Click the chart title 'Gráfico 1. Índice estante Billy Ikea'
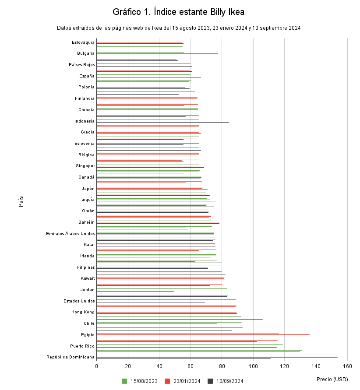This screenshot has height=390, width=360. click(x=178, y=12)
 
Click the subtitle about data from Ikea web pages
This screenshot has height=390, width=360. click(x=178, y=28)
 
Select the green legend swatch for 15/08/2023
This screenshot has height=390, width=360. click(x=124, y=381)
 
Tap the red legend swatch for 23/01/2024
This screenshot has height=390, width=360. click(x=167, y=381)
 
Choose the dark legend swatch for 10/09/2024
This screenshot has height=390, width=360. click(x=210, y=381)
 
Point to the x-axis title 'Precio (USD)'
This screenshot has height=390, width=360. click(x=332, y=379)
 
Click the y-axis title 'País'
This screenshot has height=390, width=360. click(x=21, y=202)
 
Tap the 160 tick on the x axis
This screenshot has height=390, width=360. click(x=347, y=366)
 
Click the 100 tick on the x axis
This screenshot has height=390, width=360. click(x=253, y=366)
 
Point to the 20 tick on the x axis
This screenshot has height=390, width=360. click(x=128, y=366)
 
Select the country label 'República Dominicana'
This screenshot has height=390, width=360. click(x=71, y=357)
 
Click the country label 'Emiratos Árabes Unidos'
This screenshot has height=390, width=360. click(x=70, y=233)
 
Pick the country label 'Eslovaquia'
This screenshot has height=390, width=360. click(x=83, y=42)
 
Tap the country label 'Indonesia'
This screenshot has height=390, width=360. click(x=85, y=121)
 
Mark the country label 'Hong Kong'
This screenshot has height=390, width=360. click(x=83, y=312)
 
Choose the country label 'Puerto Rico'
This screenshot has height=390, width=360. click(x=82, y=346)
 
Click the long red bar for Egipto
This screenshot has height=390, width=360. click(x=203, y=334)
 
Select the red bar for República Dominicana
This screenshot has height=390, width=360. click(x=217, y=357)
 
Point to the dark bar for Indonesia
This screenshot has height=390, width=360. click(x=162, y=123)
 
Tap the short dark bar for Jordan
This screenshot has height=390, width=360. click(x=135, y=291)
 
